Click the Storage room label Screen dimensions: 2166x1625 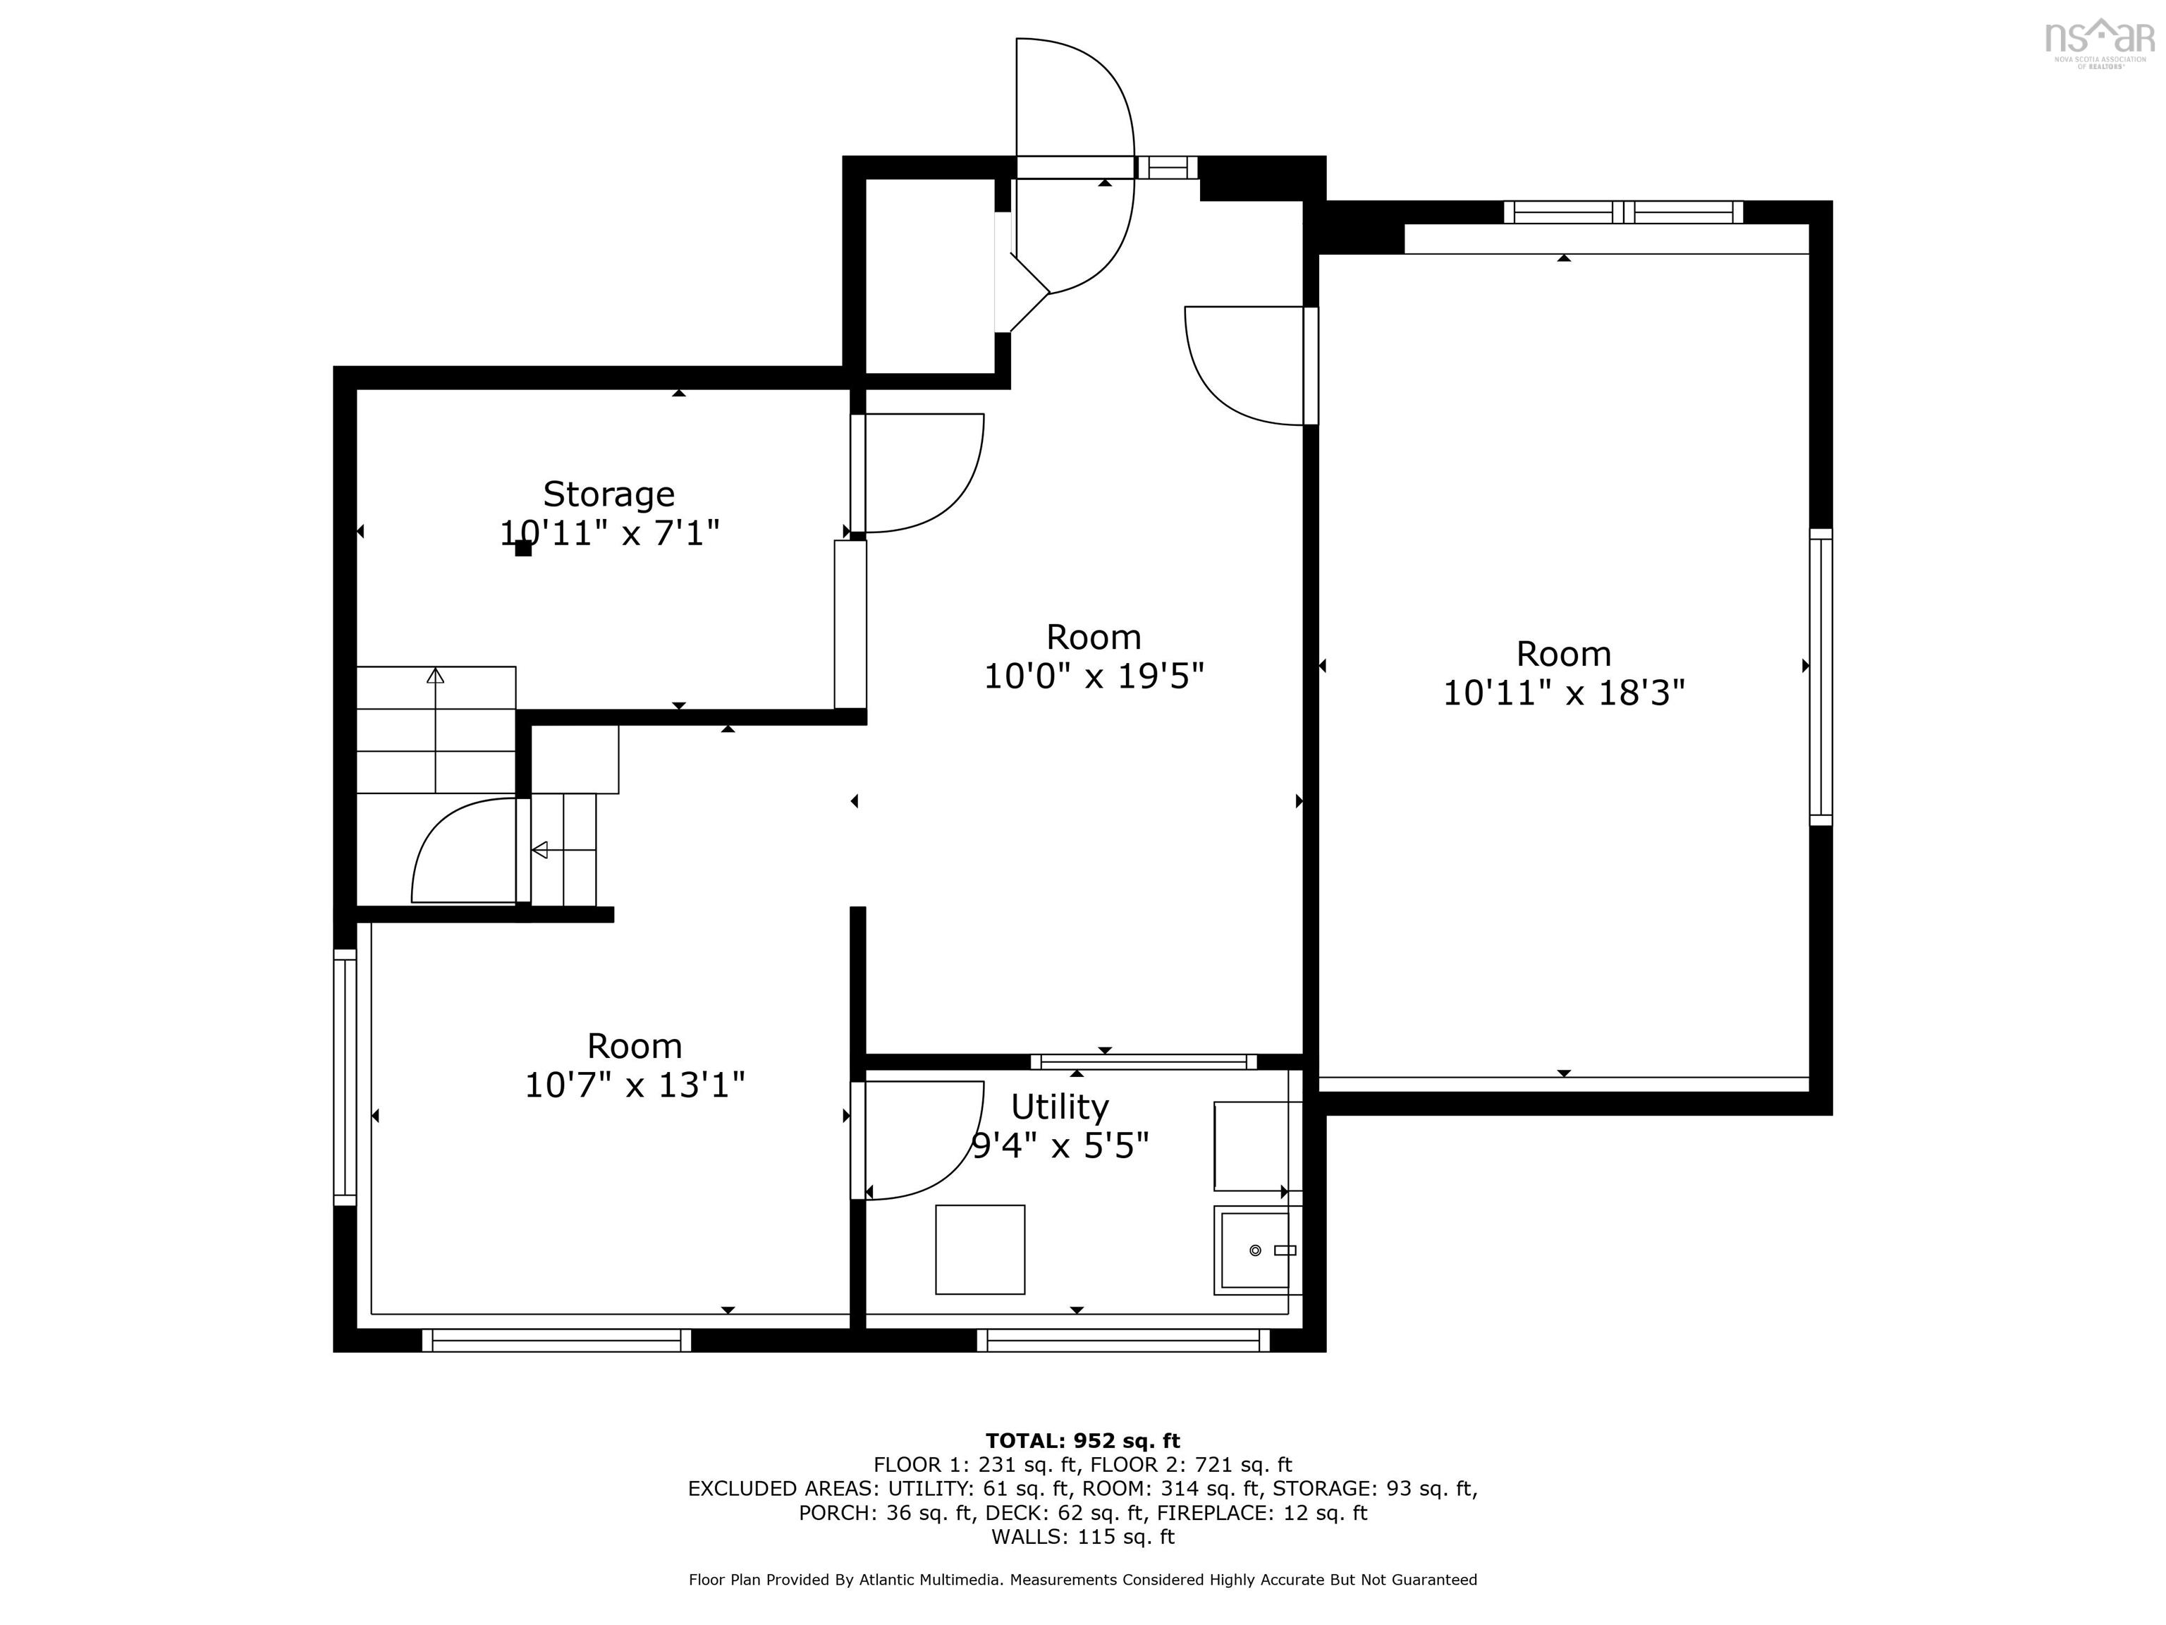(609, 494)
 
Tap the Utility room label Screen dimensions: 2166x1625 (1060, 1107)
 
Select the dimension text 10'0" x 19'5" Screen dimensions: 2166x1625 (1094, 676)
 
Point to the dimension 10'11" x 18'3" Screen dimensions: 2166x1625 (1564, 693)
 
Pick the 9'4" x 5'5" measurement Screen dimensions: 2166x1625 (1060, 1145)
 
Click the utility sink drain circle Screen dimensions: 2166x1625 (1255, 1250)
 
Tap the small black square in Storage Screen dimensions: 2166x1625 (524, 549)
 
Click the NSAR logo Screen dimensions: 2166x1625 (2101, 42)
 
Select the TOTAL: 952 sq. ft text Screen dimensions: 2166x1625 (1083, 1441)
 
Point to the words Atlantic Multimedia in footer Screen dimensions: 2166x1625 (930, 1579)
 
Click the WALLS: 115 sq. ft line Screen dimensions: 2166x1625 (1083, 1537)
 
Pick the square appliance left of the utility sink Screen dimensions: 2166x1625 (980, 1249)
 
